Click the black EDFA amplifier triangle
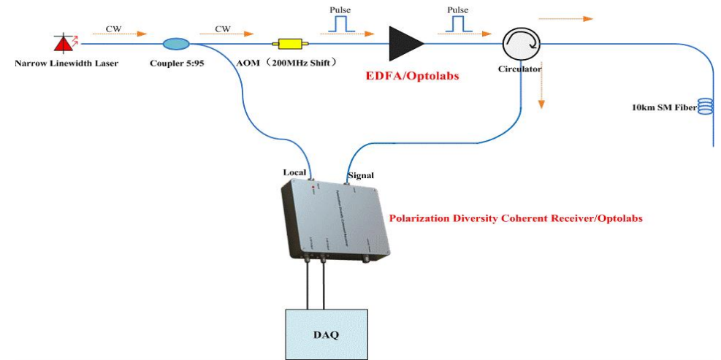pyautogui.click(x=405, y=44)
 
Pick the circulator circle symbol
pyautogui.click(x=520, y=45)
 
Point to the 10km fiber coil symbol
pyautogui.click(x=705, y=107)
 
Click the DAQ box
pyautogui.click(x=326, y=334)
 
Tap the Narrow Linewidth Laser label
pyautogui.click(x=66, y=64)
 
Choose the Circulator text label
pyautogui.click(x=519, y=69)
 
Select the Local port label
pyautogui.click(x=294, y=172)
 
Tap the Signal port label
pyautogui.click(x=361, y=175)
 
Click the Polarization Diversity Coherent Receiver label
pyautogui.click(x=516, y=218)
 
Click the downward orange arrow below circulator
pyautogui.click(x=541, y=95)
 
